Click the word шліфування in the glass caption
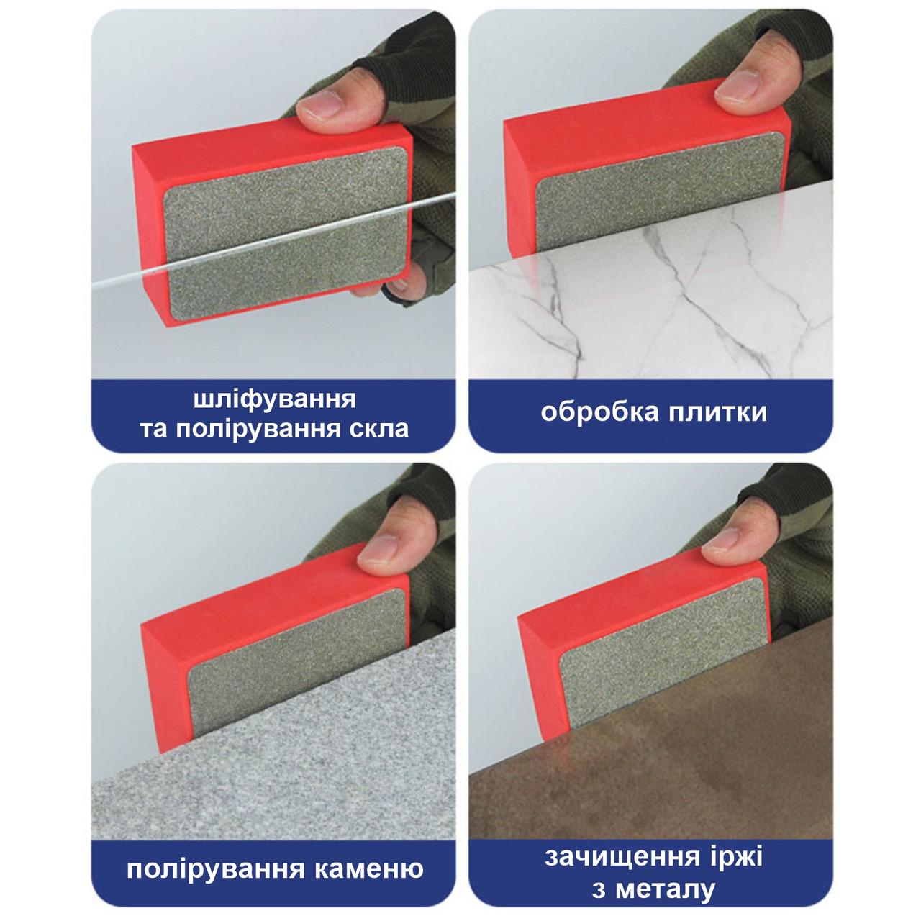click(274, 399)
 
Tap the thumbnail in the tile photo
click(738, 86)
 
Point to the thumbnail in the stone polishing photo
click(378, 548)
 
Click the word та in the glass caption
click(153, 430)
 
